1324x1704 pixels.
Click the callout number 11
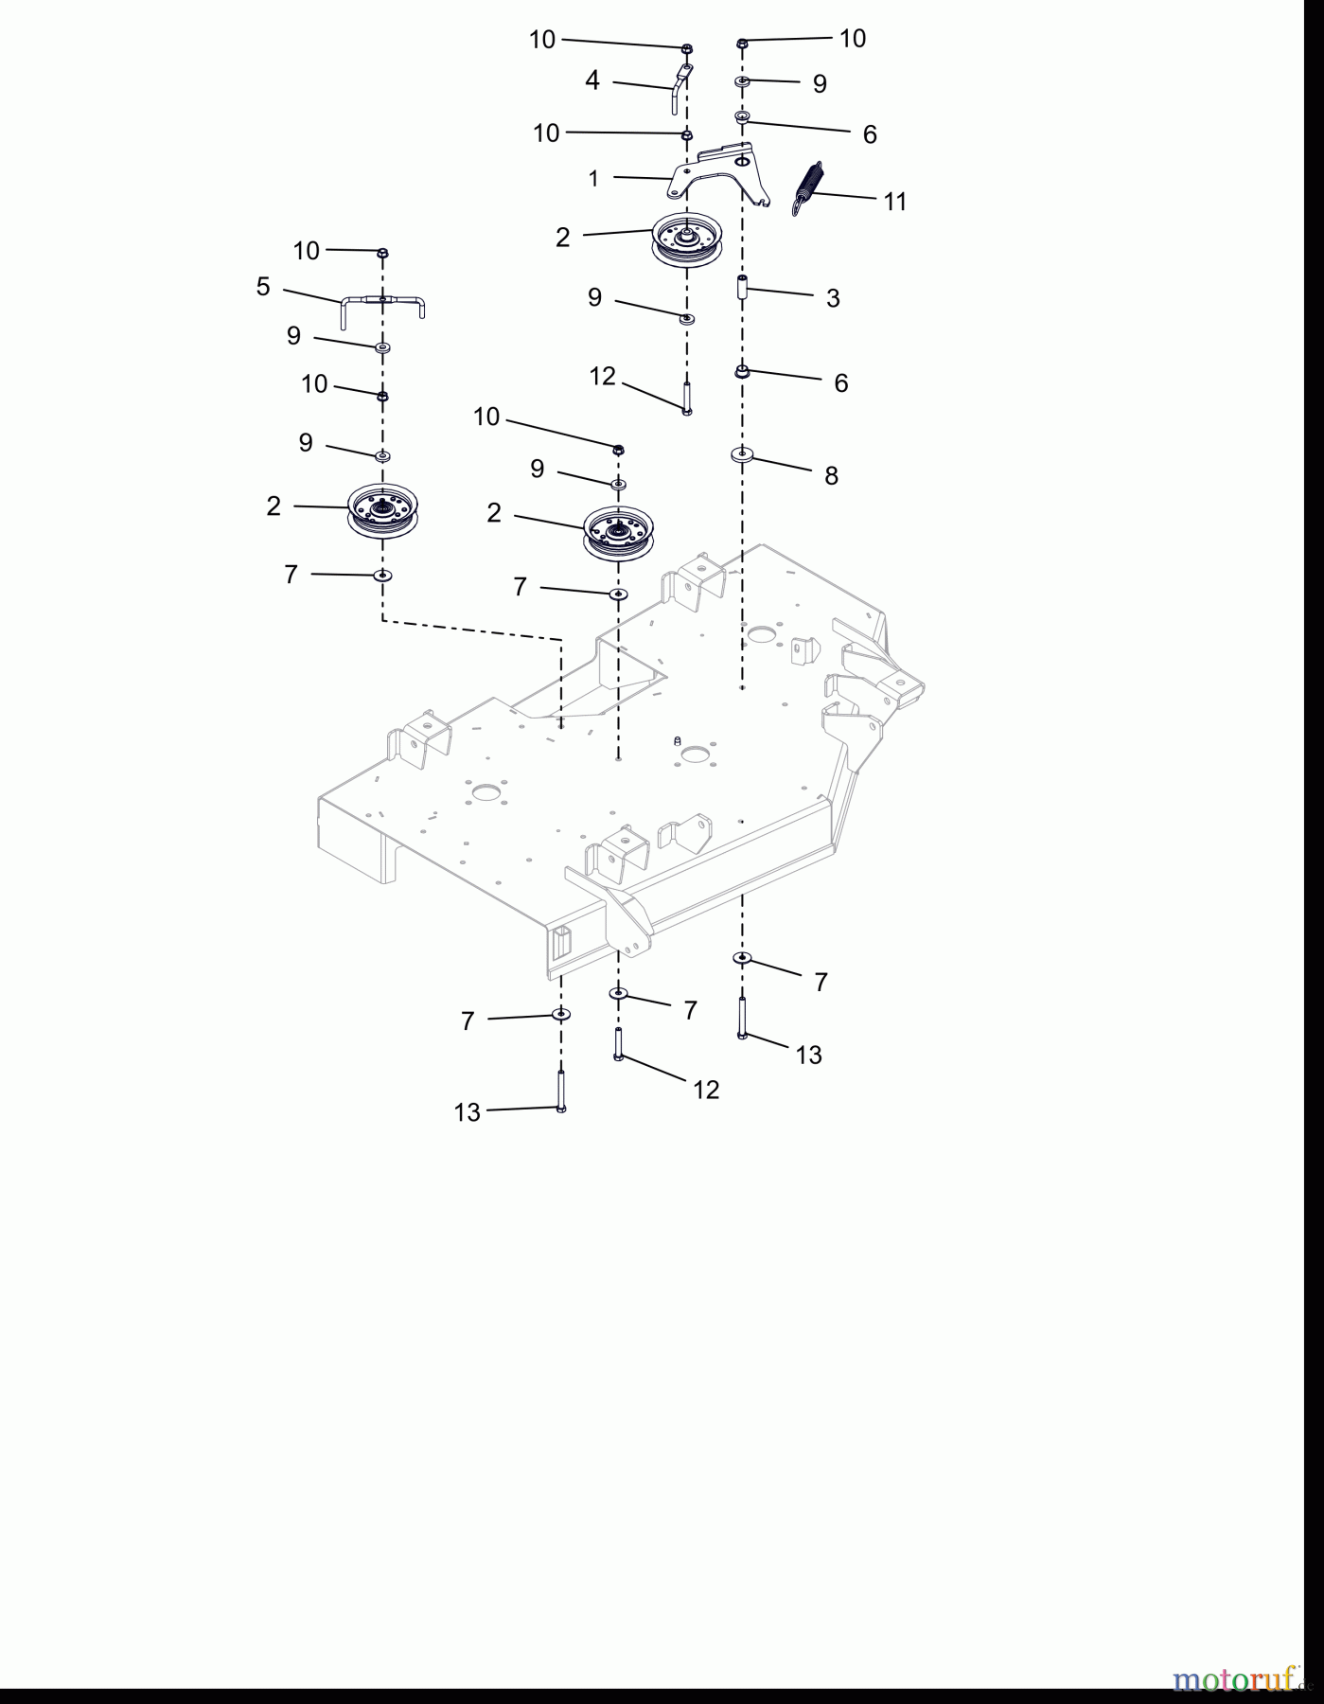(894, 202)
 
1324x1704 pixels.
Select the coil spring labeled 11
(806, 187)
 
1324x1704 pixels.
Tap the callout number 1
(593, 178)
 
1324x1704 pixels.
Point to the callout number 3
(833, 298)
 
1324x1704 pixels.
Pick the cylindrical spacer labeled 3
(743, 286)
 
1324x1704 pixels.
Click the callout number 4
(592, 80)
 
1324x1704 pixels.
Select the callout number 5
(263, 287)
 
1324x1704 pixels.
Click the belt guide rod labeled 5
(382, 302)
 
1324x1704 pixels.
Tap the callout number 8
(831, 475)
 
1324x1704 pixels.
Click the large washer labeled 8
(742, 455)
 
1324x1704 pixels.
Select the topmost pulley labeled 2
(687, 240)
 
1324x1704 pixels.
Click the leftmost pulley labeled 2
(382, 511)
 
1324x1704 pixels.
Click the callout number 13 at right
(808, 1055)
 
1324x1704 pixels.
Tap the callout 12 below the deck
(706, 1090)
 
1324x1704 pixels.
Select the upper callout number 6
(870, 134)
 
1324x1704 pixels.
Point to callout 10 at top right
(853, 38)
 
